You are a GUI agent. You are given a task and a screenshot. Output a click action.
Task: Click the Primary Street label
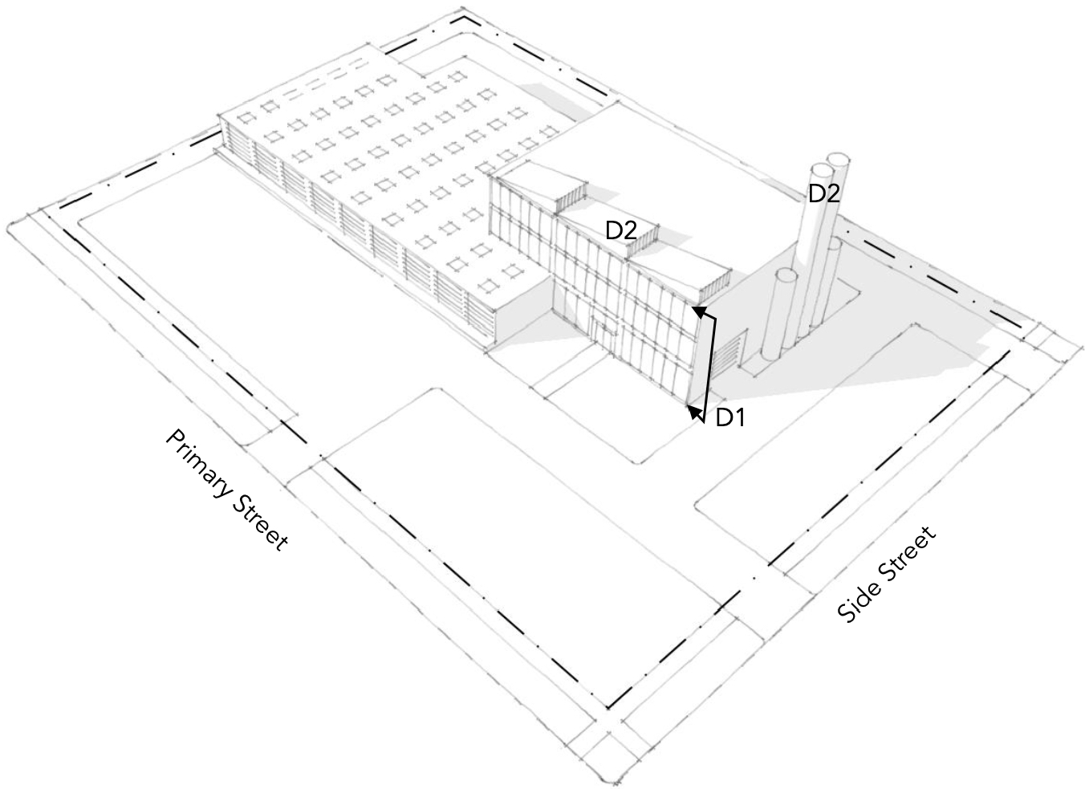226,490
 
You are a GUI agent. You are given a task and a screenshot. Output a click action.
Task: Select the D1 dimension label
730,417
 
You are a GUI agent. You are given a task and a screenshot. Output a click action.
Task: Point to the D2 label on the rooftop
621,231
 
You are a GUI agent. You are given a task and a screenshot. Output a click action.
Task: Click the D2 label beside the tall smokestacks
823,193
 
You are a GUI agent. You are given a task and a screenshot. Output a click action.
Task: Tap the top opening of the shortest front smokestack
786,275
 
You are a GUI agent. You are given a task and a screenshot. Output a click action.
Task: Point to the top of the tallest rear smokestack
839,158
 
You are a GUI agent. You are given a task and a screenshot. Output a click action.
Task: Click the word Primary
197,462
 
